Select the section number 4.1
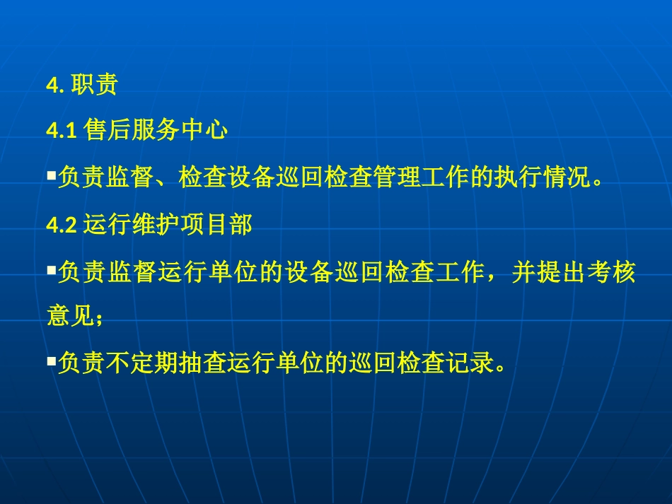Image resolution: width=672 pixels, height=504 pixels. tap(61, 131)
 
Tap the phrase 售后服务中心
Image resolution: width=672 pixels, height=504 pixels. tap(155, 130)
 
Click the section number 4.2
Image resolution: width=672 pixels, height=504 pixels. tap(61, 225)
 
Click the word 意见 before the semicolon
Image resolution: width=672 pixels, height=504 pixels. tap(70, 315)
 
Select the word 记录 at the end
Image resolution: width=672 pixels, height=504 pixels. tap(467, 365)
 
